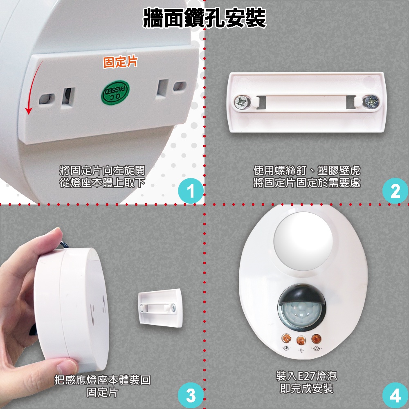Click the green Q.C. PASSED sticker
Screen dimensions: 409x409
(x=115, y=92)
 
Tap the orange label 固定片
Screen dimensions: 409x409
(x=120, y=62)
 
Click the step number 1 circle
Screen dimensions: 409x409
(x=191, y=191)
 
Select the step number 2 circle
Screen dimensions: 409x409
(x=395, y=191)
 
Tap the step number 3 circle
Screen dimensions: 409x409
(x=191, y=395)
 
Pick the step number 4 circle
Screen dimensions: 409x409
(x=395, y=395)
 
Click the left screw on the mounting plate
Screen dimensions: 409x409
(x=242, y=102)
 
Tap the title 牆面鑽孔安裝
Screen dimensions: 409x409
(x=204, y=18)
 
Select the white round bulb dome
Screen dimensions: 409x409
(x=303, y=241)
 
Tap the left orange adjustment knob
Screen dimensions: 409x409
(x=286, y=338)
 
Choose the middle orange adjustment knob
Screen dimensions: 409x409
(x=301, y=340)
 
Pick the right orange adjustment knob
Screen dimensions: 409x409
(x=317, y=339)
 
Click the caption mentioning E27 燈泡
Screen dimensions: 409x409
(x=306, y=382)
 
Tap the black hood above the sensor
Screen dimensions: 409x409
(x=302, y=294)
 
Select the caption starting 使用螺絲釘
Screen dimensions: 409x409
(x=307, y=176)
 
